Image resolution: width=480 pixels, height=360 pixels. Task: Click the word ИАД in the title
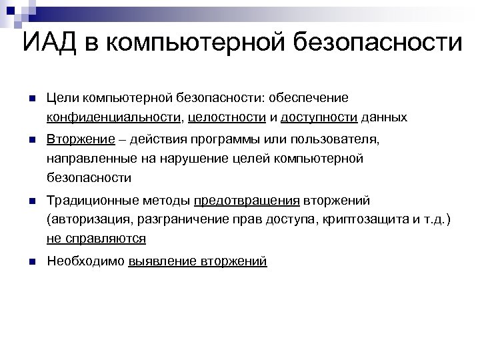point(53,43)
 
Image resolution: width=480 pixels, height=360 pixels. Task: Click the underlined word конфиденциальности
point(114,117)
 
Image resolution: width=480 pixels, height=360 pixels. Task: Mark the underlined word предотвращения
point(247,201)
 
